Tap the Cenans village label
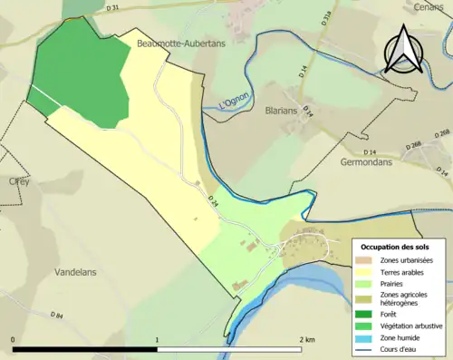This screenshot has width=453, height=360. (431, 5)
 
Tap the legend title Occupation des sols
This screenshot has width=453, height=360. (396, 247)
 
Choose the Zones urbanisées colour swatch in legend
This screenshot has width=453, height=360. (369, 260)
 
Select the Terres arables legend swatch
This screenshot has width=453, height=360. (369, 272)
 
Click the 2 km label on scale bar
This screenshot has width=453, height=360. (307, 339)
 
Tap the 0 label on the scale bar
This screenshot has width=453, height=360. (14, 339)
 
